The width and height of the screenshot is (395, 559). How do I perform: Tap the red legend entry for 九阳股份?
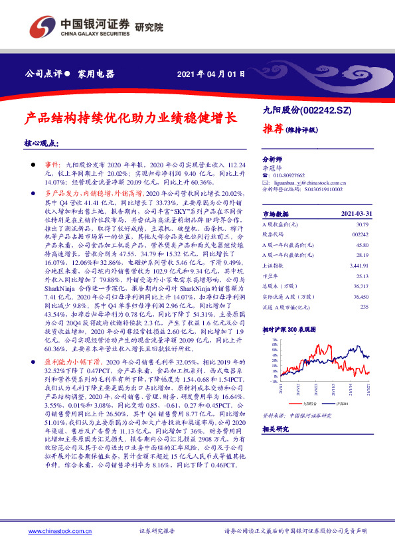(x=307, y=403)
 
